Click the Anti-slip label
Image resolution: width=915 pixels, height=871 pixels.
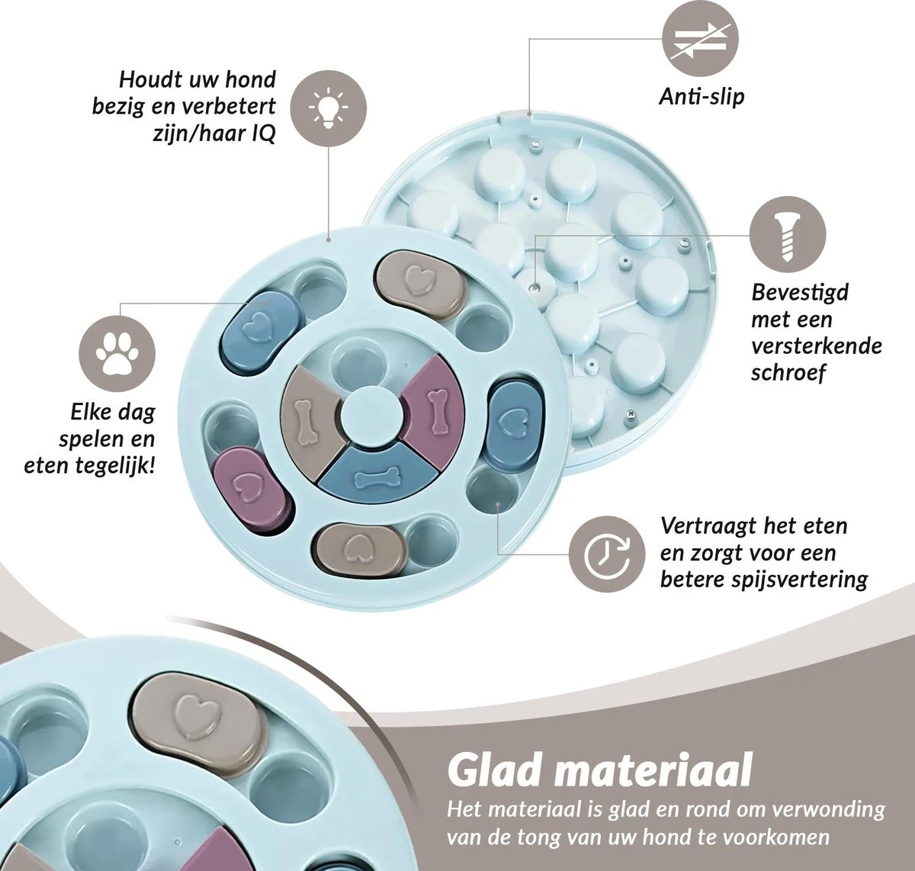coord(701,97)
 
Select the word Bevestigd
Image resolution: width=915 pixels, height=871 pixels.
coord(800,292)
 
